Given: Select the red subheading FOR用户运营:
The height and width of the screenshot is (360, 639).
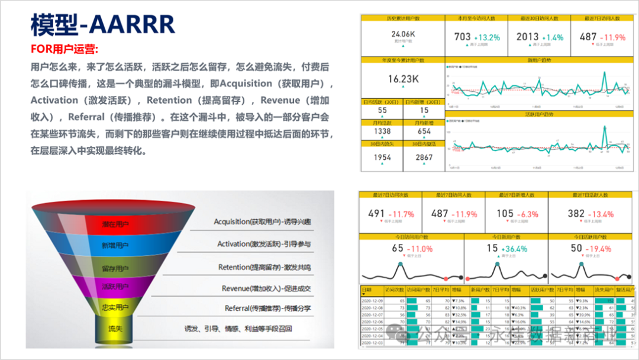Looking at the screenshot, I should click(x=64, y=49).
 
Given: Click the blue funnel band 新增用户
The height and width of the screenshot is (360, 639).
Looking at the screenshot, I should click(x=115, y=245).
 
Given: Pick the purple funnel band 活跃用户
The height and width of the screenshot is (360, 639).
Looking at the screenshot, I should click(x=115, y=287).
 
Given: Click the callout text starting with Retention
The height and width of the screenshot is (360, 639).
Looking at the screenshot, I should click(x=264, y=267).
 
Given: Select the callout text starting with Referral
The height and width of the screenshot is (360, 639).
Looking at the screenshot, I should click(x=267, y=308).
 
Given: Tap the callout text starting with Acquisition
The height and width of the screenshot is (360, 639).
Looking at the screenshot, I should click(x=263, y=221).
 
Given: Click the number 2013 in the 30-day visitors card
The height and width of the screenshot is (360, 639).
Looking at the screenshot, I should click(x=527, y=37).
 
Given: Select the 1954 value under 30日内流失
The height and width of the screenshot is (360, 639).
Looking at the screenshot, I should click(x=382, y=157).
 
